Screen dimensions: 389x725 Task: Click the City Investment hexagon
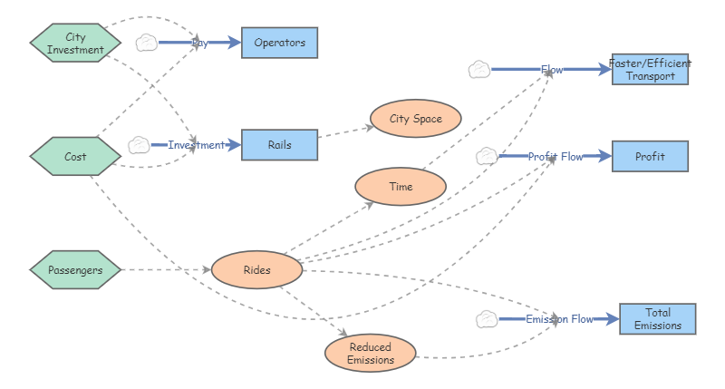coord(75,44)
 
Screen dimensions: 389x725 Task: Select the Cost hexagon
coord(75,157)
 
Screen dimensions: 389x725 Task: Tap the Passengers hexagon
coord(75,270)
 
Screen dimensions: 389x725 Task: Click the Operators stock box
coord(279,43)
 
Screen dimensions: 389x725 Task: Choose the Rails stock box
coord(279,145)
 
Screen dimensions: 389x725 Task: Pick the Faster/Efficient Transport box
coord(650,70)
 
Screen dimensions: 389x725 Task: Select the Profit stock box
coord(650,157)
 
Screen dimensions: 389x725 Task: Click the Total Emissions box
coord(657,319)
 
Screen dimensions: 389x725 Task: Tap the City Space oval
coord(416,119)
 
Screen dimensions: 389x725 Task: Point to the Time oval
coord(400,187)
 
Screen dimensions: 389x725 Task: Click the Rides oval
coord(256,269)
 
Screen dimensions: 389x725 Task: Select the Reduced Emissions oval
coord(370,354)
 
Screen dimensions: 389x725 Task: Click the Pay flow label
coord(199,43)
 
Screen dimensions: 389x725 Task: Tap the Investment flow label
coord(196,145)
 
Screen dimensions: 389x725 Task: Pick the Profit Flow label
coord(555,157)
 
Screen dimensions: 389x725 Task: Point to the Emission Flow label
coord(558,319)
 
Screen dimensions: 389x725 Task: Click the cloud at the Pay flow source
coord(147,43)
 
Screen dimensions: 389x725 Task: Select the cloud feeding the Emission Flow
coord(487,319)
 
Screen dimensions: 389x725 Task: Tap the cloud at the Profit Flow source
coord(487,156)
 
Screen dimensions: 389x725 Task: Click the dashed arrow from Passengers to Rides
coord(163,270)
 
